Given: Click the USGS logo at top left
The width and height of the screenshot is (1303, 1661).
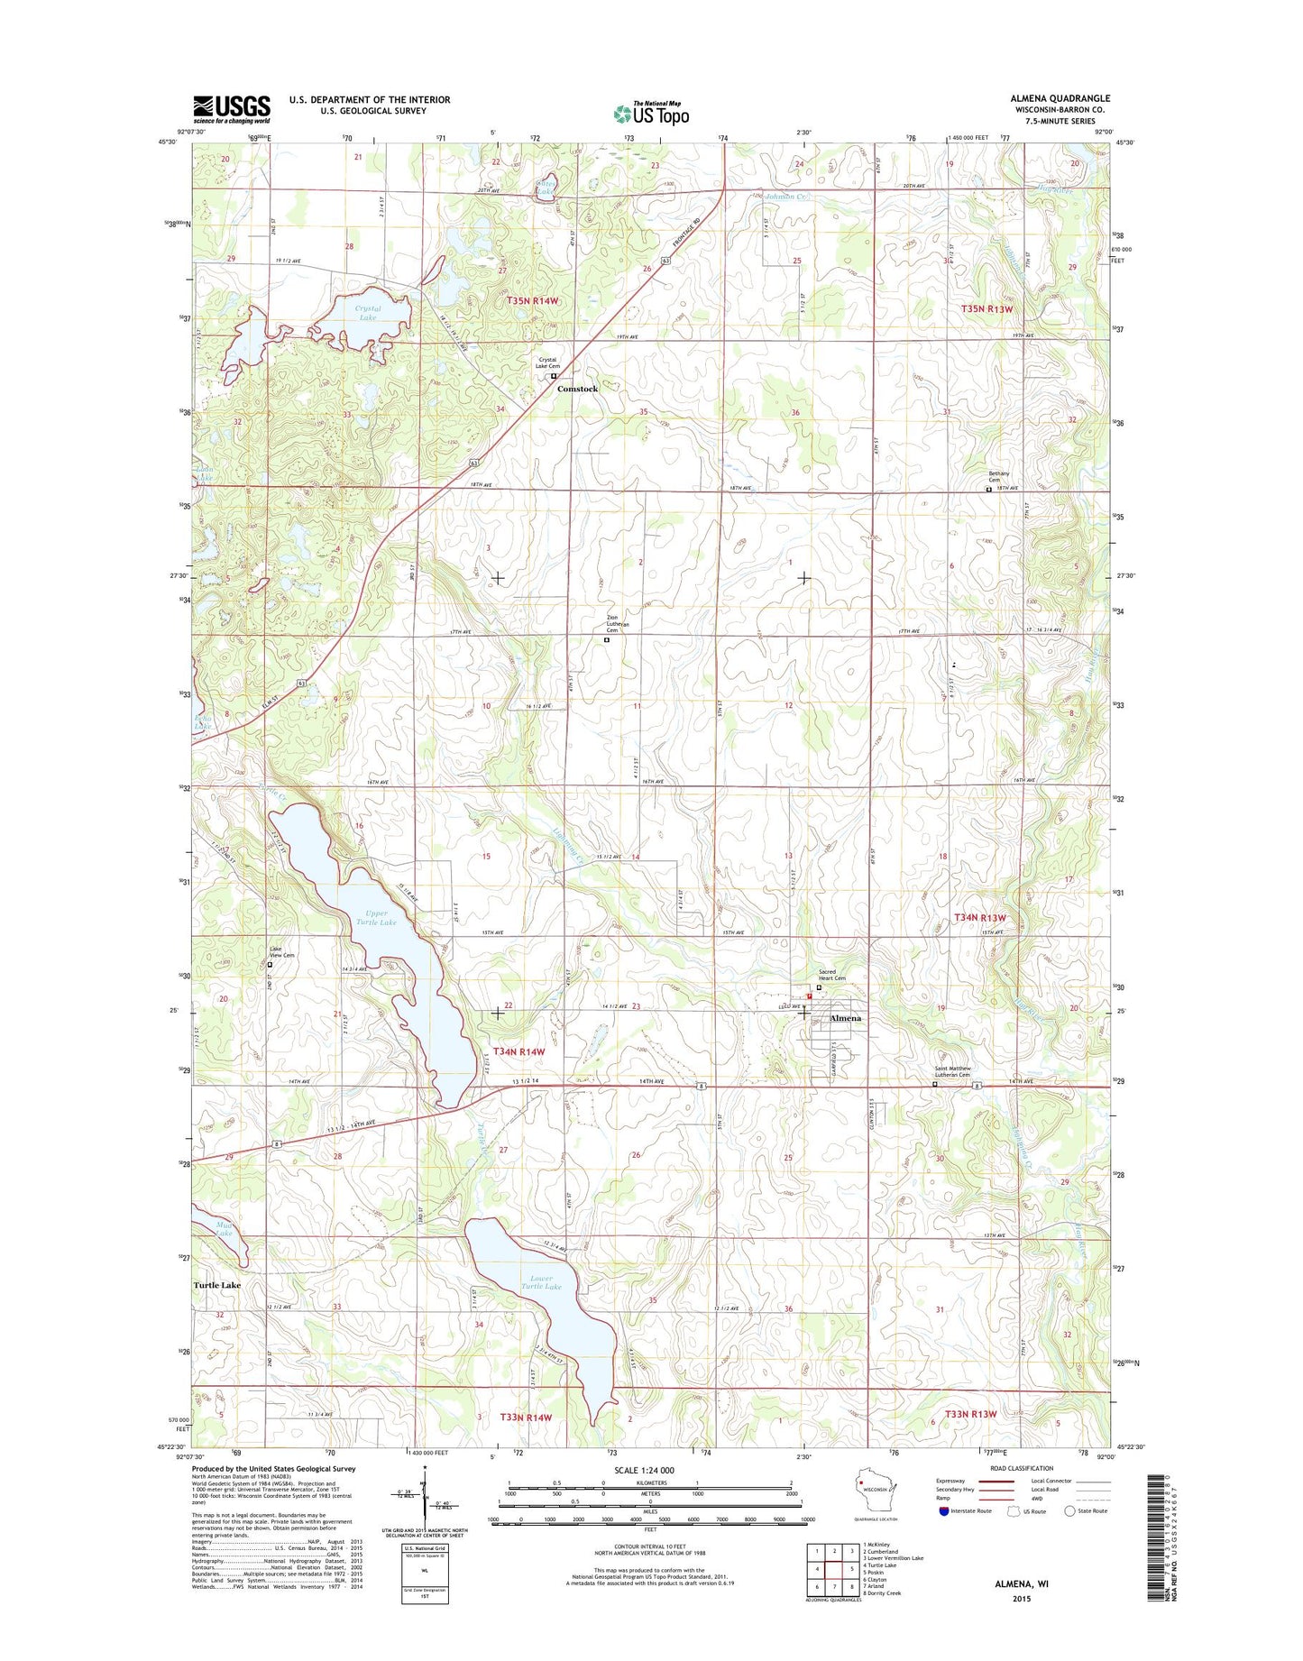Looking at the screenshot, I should (231, 109).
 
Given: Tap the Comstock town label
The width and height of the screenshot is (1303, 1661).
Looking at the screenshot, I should (577, 389).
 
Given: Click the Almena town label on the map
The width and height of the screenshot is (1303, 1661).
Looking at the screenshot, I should (844, 1018).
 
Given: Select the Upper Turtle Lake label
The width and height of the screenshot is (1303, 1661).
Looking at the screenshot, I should (376, 918).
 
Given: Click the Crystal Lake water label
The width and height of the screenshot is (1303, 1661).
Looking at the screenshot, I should (367, 313).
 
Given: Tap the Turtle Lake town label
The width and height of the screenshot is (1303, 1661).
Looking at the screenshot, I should (217, 1285).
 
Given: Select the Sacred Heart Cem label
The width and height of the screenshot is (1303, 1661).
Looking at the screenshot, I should (831, 976).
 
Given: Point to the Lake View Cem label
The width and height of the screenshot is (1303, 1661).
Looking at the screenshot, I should (281, 952).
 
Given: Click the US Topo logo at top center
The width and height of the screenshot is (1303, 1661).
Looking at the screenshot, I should (651, 114).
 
